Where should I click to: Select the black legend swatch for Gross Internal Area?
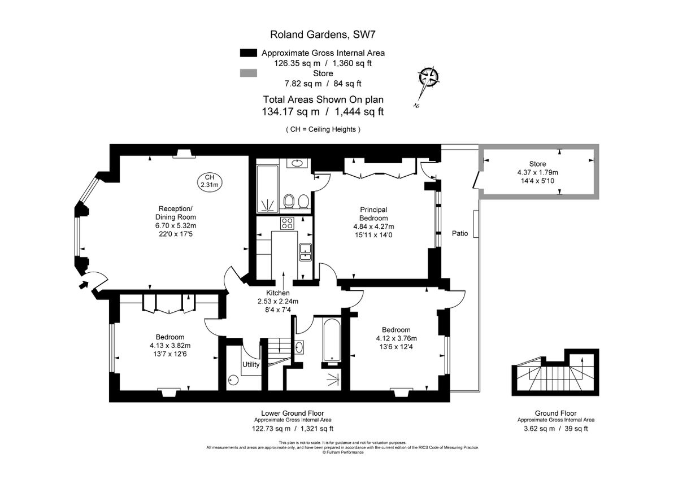(x=248, y=53)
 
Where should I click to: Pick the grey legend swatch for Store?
(x=248, y=73)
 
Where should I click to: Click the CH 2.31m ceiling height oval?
(x=209, y=181)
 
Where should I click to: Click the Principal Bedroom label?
(x=373, y=214)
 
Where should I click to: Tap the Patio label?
(x=459, y=233)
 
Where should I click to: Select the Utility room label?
(x=251, y=364)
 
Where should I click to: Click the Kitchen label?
(x=278, y=293)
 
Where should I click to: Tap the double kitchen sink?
(x=305, y=251)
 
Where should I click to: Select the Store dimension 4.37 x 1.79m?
(x=537, y=172)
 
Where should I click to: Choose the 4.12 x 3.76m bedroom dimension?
(x=396, y=339)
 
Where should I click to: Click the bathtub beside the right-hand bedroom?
(x=332, y=340)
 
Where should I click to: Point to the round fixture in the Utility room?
(x=232, y=381)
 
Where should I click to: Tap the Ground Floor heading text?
(x=555, y=413)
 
